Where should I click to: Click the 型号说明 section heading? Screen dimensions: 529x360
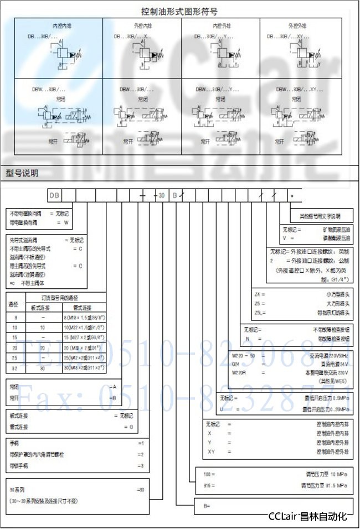pos(22,174)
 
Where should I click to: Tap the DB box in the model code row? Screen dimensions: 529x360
pos(54,195)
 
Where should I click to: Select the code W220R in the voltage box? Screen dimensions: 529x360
pos(239,374)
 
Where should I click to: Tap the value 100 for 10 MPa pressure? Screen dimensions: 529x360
pos(208,475)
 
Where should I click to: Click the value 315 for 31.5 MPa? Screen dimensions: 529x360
pos(208,485)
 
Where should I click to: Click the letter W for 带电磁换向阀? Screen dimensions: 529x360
pos(66,221)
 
